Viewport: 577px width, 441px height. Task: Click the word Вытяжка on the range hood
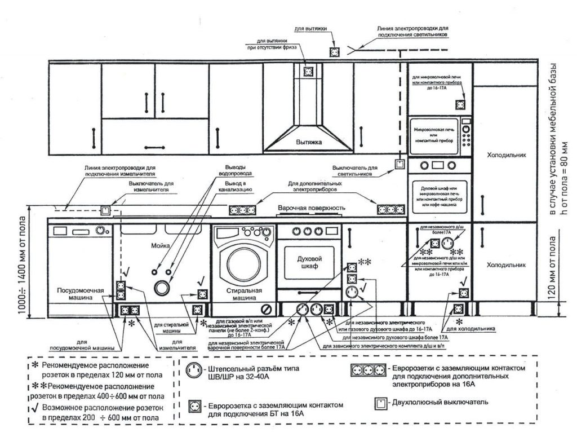[x=308, y=143]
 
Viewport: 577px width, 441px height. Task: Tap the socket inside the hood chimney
[x=308, y=72]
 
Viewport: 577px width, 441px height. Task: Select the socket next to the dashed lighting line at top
[x=334, y=51]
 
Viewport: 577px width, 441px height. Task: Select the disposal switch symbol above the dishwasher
[x=105, y=211]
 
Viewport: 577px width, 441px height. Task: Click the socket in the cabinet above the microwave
[x=460, y=104]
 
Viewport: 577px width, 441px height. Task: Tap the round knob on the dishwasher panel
[x=100, y=230]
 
